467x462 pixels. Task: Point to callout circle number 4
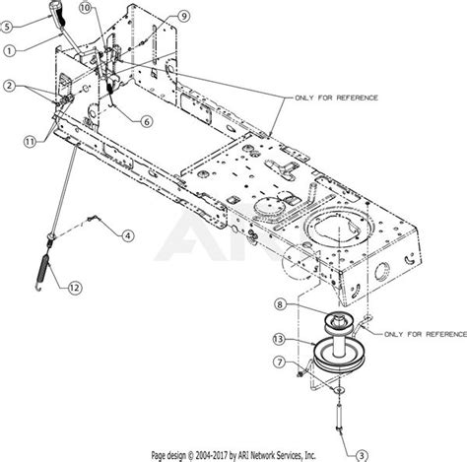tap(127, 235)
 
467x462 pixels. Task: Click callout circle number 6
tap(147, 122)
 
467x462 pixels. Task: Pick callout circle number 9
tap(183, 17)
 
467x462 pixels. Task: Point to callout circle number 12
tap(76, 288)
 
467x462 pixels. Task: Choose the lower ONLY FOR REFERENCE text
tap(417, 307)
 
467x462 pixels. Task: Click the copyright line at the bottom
tap(233, 455)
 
